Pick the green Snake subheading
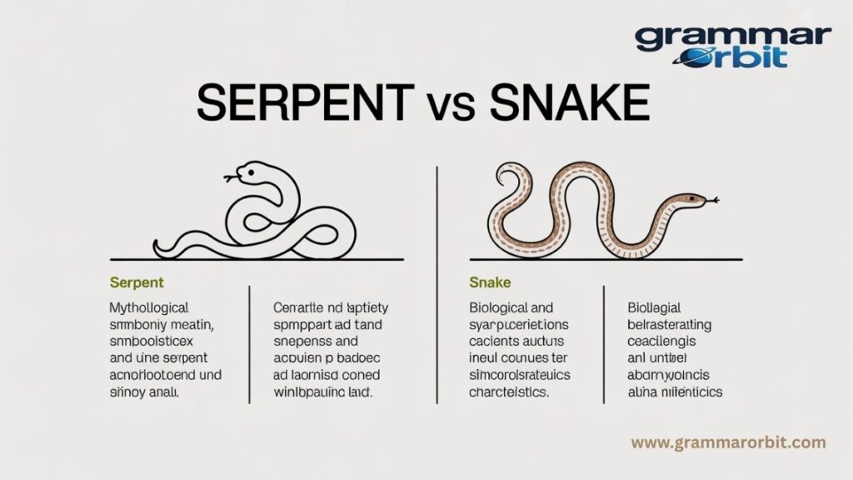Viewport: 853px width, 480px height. coord(490,283)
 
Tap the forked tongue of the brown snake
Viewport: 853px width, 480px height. coord(713,200)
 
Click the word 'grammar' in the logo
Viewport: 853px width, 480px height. coord(733,37)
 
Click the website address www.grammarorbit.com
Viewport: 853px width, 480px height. coord(728,442)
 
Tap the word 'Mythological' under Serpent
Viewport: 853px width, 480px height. coord(149,307)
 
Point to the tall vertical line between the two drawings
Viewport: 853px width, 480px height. coord(436,217)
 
